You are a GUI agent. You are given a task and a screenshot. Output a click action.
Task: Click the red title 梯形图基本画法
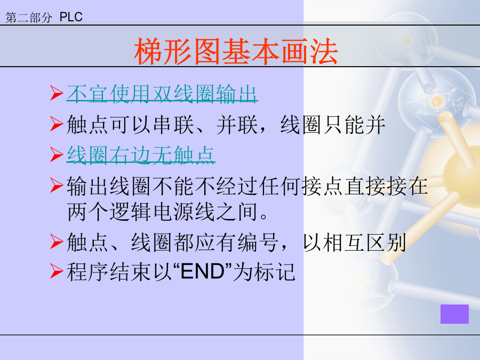(x=236, y=51)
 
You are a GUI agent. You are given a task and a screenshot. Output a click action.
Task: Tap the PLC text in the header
(x=71, y=17)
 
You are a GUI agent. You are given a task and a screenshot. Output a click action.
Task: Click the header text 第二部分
(x=29, y=18)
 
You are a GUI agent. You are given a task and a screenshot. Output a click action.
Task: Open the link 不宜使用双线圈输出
(x=162, y=94)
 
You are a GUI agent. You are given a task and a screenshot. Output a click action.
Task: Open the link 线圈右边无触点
(x=141, y=155)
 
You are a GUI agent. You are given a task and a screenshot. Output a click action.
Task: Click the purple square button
(x=454, y=314)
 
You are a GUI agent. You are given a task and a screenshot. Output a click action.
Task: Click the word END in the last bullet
(x=203, y=271)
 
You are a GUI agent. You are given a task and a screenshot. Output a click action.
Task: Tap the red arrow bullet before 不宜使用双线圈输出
(x=57, y=93)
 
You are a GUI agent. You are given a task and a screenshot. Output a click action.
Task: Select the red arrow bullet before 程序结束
(x=57, y=271)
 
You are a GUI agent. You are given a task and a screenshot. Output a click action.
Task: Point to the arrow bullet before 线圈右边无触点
(x=57, y=154)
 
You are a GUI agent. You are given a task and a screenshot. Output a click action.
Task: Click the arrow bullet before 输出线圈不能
(x=57, y=185)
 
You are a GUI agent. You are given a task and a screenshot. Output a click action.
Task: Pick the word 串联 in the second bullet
(x=173, y=125)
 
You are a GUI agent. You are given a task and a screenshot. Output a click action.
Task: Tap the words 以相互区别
(x=355, y=242)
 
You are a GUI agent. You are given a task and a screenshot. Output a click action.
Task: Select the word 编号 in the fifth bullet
(x=258, y=242)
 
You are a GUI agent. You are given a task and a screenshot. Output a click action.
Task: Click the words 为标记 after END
(x=264, y=271)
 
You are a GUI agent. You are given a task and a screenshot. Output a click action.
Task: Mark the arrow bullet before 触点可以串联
(x=57, y=124)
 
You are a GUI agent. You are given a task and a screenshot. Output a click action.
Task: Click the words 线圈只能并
(x=333, y=125)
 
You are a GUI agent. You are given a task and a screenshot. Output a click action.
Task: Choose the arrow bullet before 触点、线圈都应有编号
(x=57, y=242)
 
